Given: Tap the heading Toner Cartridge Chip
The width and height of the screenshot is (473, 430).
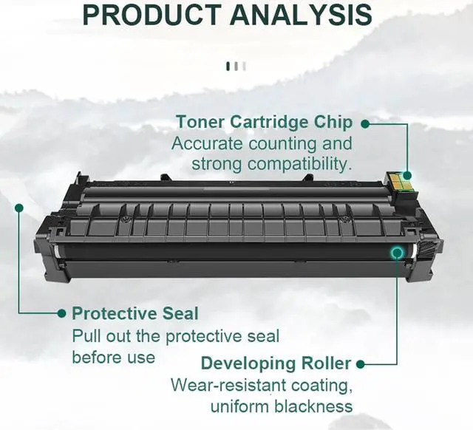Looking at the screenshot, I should tap(264, 123).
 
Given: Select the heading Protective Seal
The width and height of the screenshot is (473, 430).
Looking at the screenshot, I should tap(135, 314).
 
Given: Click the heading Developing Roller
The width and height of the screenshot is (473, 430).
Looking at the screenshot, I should tap(276, 364).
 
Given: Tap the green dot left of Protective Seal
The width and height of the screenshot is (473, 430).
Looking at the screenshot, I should tap(62, 314).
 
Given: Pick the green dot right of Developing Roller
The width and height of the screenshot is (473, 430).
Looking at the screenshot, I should tap(361, 364).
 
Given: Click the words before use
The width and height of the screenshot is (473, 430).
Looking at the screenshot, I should tap(113, 357).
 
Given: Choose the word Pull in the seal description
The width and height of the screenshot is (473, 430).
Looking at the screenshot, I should tap(86, 336).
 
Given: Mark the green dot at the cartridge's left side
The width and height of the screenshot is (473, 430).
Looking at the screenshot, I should tap(18, 209).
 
